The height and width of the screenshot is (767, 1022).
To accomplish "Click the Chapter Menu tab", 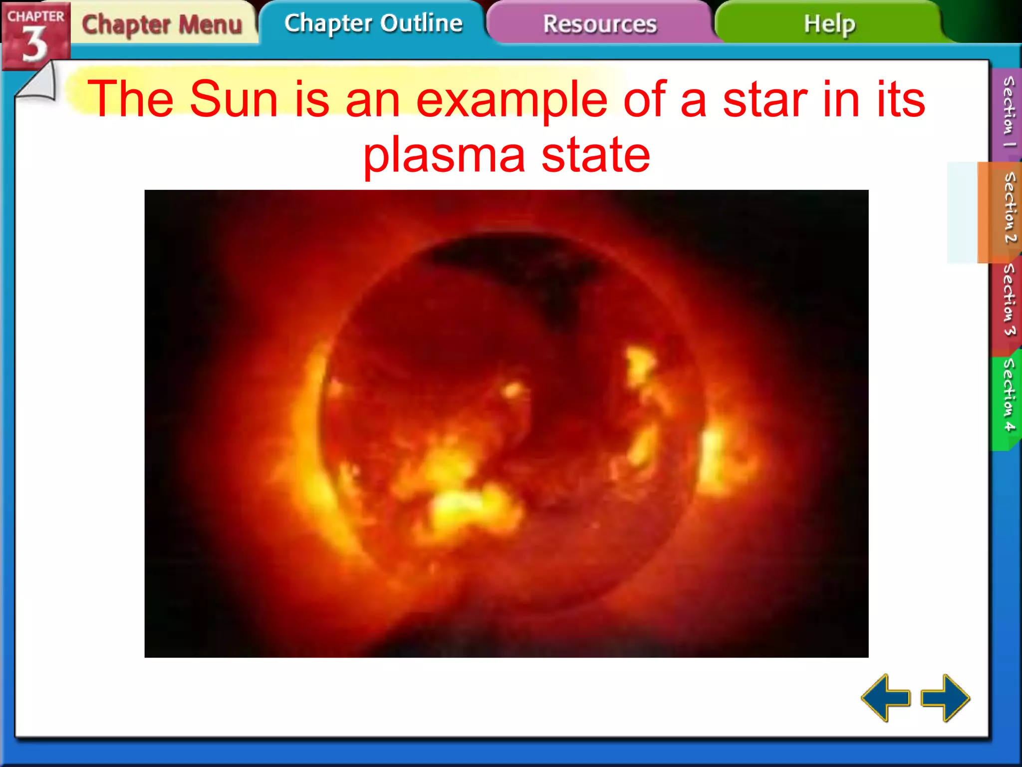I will [x=162, y=24].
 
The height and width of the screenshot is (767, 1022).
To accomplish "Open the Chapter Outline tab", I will [x=373, y=23].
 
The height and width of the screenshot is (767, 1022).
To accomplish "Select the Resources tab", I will [x=599, y=24].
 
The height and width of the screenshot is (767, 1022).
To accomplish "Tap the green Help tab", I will [x=829, y=23].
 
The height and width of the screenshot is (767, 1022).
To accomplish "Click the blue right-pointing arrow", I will [x=945, y=698].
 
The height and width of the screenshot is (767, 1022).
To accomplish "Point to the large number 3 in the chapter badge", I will [x=34, y=44].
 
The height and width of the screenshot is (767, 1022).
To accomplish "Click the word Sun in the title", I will [x=233, y=99].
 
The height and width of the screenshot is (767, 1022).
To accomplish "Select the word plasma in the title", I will [x=444, y=155].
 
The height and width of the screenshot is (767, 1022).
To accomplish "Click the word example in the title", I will [x=512, y=99].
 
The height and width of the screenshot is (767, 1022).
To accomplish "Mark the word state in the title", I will [x=596, y=155].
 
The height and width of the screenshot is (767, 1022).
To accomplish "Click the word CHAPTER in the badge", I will [x=35, y=16].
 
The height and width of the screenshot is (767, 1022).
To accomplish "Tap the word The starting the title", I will [x=130, y=99].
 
